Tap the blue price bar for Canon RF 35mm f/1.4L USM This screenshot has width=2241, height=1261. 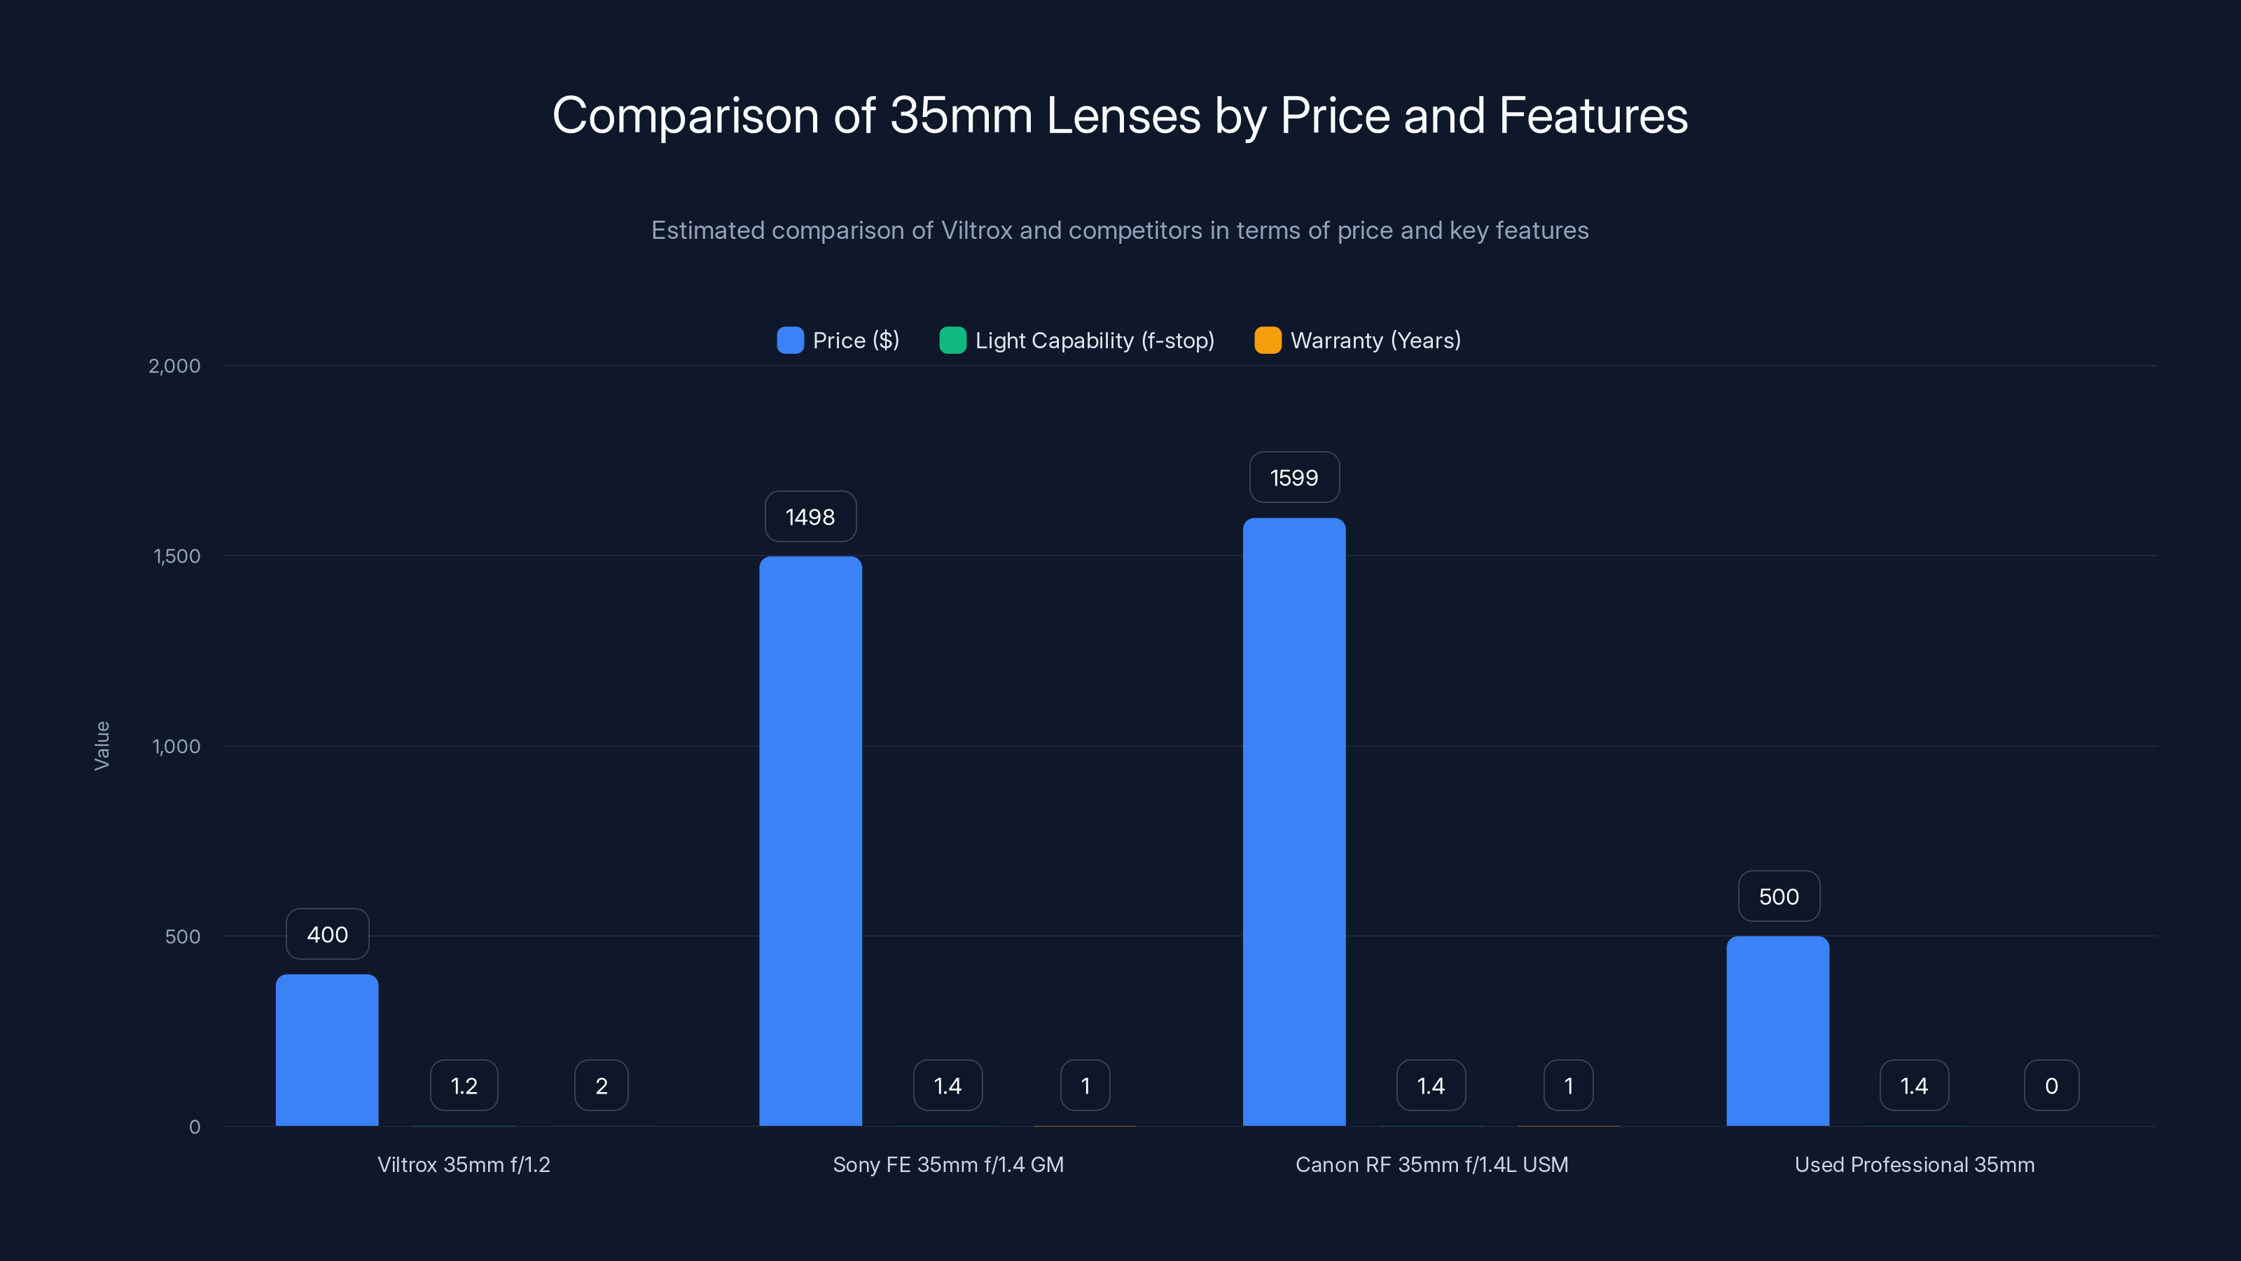[1293, 822]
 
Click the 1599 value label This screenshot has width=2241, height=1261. [1293, 477]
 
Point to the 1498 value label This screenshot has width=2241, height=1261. [810, 516]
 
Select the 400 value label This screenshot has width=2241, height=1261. [327, 934]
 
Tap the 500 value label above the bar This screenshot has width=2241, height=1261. [1778, 897]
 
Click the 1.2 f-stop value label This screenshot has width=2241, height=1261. [464, 1085]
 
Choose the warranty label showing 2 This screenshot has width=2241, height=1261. [601, 1085]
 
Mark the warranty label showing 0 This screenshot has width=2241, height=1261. [2051, 1085]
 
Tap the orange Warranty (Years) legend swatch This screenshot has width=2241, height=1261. [1268, 340]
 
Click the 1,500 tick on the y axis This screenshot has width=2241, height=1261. [176, 556]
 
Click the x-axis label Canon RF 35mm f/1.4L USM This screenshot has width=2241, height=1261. [1431, 1164]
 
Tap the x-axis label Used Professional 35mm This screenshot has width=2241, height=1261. [1914, 1164]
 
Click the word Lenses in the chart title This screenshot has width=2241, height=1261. [1123, 116]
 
